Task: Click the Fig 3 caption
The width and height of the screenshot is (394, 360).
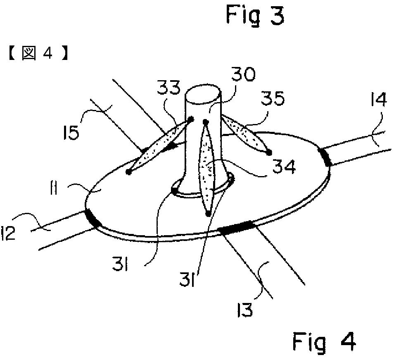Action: pos(255,15)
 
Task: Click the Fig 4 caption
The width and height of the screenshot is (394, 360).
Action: pos(324,342)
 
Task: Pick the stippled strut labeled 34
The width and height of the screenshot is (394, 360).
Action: pos(206,167)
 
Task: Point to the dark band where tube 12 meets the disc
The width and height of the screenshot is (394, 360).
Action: pos(93,218)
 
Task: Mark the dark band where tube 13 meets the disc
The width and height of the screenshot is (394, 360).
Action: pos(237,227)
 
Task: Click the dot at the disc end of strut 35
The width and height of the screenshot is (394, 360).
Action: pos(269,153)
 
